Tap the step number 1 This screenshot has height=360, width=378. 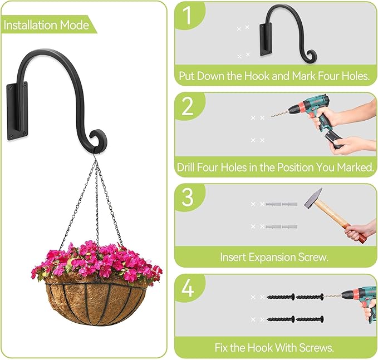(x=189, y=17)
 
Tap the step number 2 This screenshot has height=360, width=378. (x=189, y=106)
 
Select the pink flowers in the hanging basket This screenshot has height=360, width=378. (x=97, y=260)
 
